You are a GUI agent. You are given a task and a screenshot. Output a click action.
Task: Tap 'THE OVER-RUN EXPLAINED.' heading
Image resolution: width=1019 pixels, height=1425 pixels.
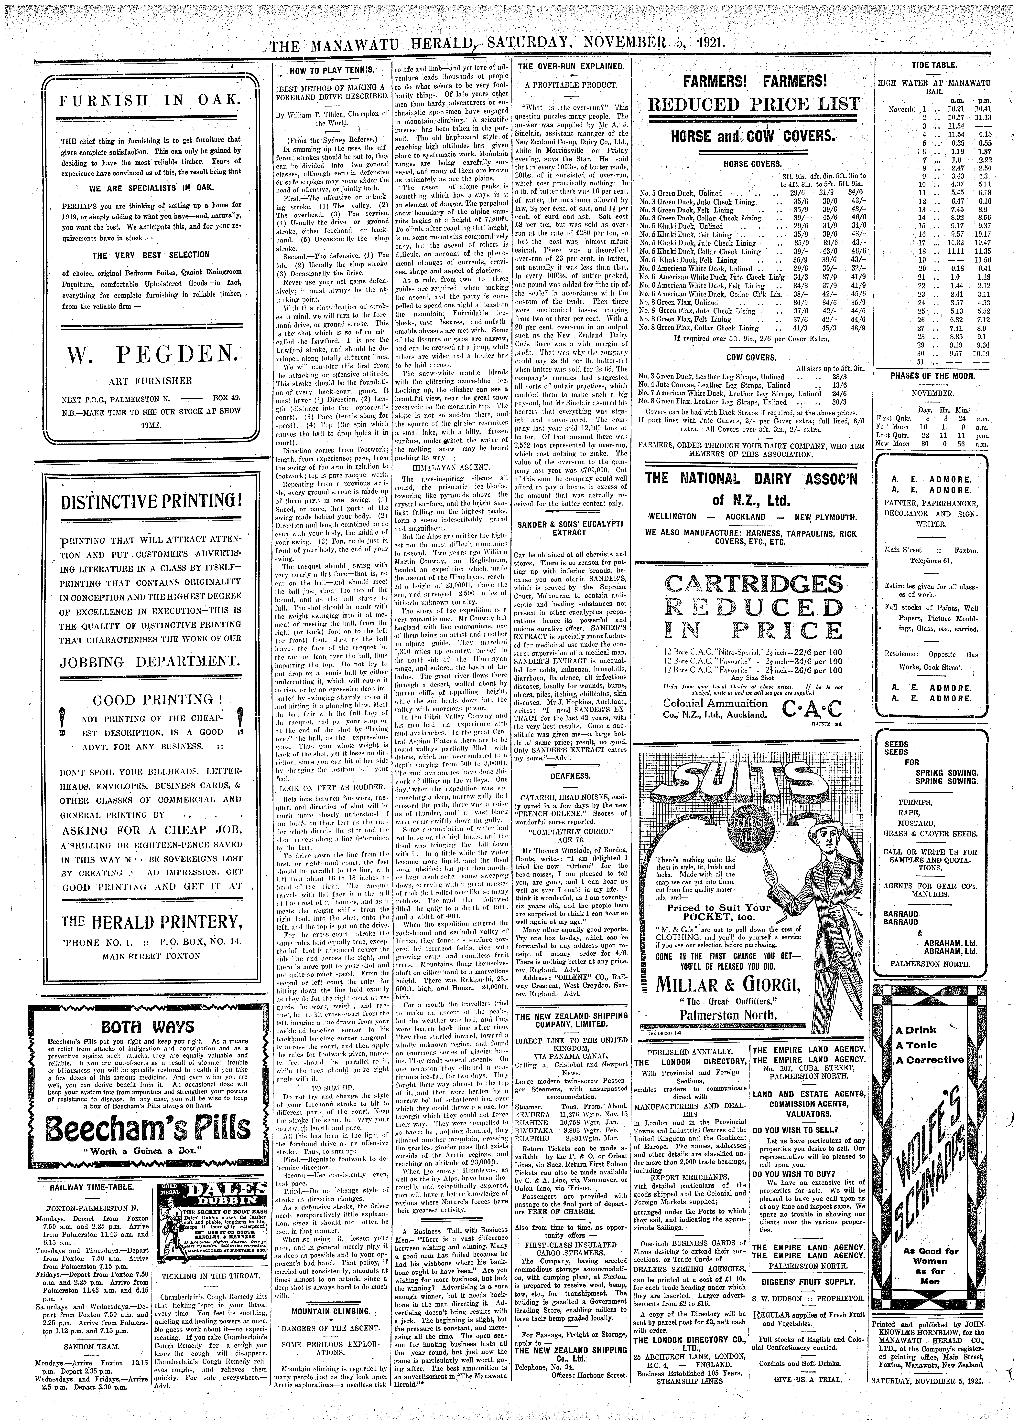click(x=570, y=66)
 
